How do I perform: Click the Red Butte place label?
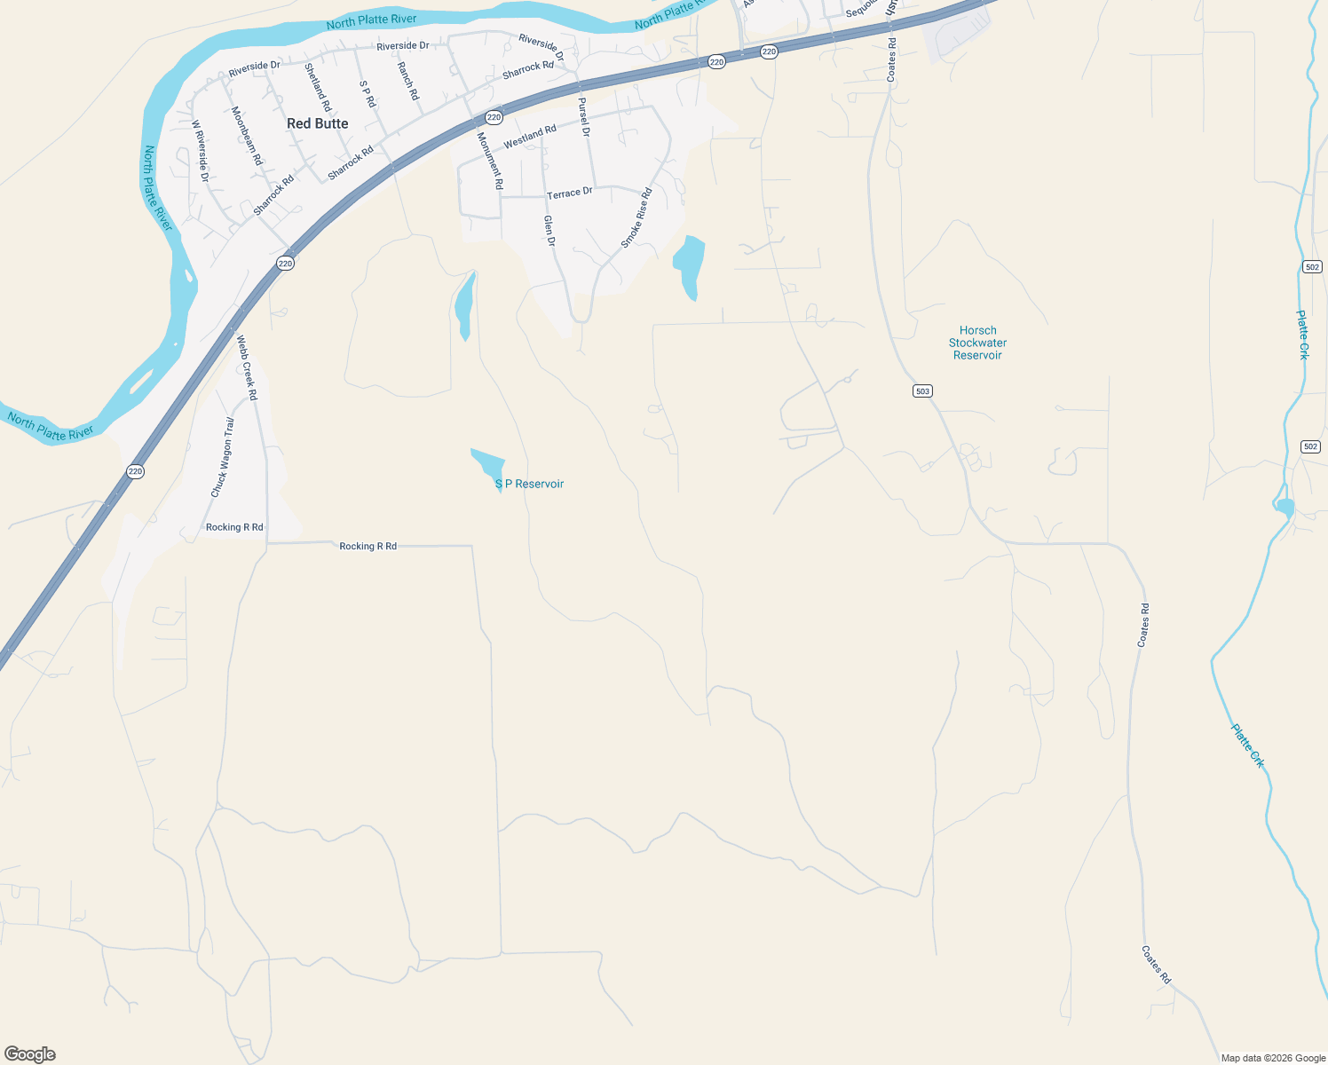click(x=317, y=123)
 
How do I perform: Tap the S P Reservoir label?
click(x=529, y=484)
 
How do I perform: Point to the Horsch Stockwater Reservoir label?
click(x=977, y=343)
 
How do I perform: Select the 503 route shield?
click(x=922, y=391)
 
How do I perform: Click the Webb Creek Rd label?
click(x=246, y=367)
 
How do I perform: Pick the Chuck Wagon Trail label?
click(x=223, y=457)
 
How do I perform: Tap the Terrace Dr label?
click(x=569, y=193)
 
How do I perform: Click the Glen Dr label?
click(x=549, y=231)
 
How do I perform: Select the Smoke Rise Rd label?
click(x=636, y=218)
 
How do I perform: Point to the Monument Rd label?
click(x=490, y=161)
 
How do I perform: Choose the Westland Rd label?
click(x=530, y=137)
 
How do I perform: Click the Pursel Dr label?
click(x=584, y=116)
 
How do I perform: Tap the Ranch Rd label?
click(x=407, y=81)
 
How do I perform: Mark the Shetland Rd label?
click(x=318, y=87)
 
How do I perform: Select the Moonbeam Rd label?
click(x=247, y=136)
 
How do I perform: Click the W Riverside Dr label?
click(x=200, y=151)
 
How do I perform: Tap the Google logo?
click(x=30, y=1053)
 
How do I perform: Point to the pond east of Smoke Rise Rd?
click(x=689, y=265)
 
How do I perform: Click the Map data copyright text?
click(x=1273, y=1058)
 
